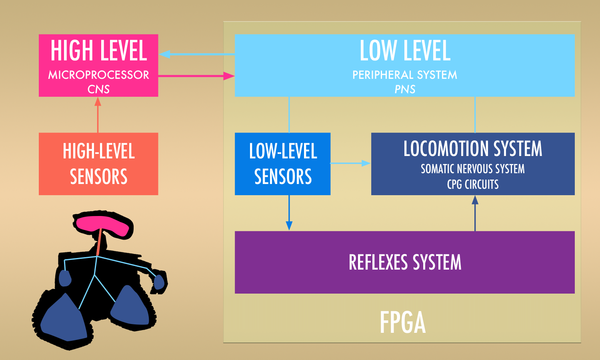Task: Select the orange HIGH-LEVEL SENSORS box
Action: pyautogui.click(x=98, y=164)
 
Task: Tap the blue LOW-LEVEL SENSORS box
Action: pyautogui.click(x=282, y=164)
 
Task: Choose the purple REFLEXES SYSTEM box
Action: pyautogui.click(x=405, y=262)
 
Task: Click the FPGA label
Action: pyautogui.click(x=402, y=322)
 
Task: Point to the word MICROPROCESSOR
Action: pyautogui.click(x=98, y=75)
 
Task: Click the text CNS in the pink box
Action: pyautogui.click(x=98, y=89)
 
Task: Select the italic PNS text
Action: pyautogui.click(x=405, y=89)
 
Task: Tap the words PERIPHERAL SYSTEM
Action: pyautogui.click(x=405, y=75)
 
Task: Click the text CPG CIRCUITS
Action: pyautogui.click(x=473, y=184)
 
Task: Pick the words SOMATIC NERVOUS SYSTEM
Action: pyautogui.click(x=473, y=169)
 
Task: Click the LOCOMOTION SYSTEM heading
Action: pyautogui.click(x=473, y=149)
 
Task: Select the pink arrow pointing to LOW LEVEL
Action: pyautogui.click(x=196, y=76)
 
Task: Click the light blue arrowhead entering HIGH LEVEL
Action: pyautogui.click(x=165, y=54)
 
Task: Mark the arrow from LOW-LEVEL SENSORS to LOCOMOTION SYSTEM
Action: pyautogui.click(x=350, y=163)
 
